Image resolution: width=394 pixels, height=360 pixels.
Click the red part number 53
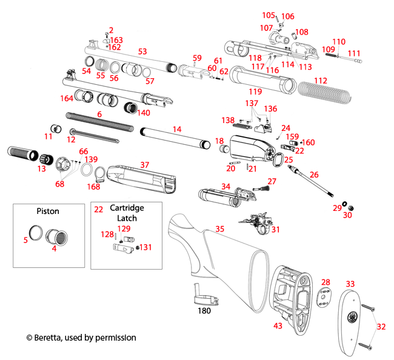click(x=142, y=52)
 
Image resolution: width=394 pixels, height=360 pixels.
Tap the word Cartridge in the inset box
click(x=122, y=208)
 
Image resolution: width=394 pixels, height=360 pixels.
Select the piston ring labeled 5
click(x=38, y=233)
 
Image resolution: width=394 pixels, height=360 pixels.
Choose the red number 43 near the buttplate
click(x=278, y=326)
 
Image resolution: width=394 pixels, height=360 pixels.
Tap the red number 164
click(x=66, y=98)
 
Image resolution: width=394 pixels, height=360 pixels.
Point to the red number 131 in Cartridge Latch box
click(x=147, y=247)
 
